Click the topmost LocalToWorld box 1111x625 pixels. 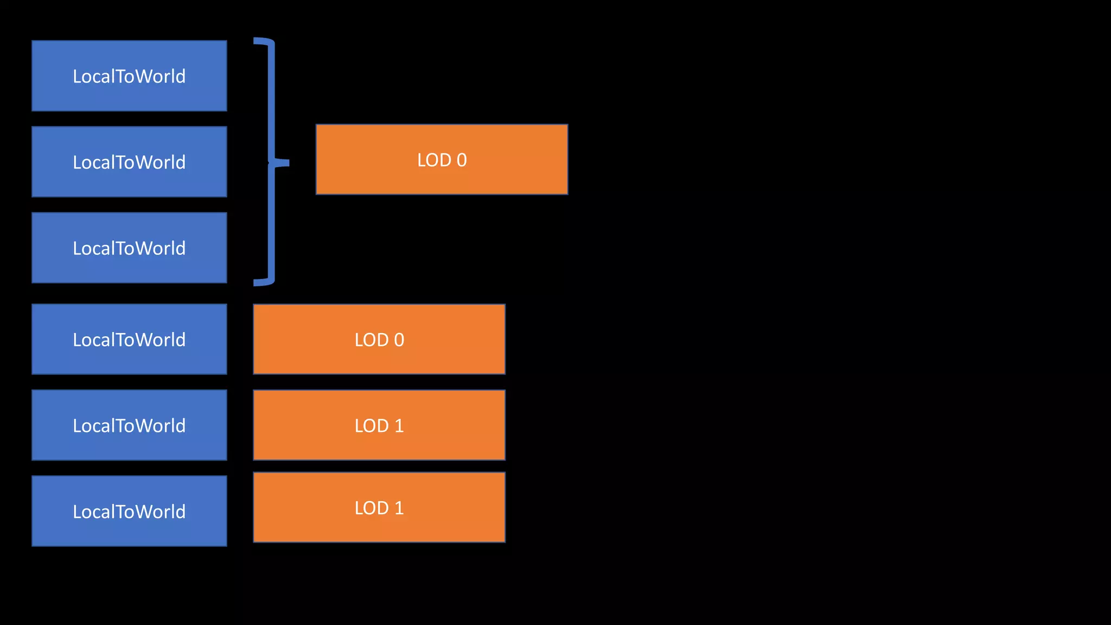point(129,75)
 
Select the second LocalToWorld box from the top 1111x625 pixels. point(129,162)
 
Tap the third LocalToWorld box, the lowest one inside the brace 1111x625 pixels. point(129,247)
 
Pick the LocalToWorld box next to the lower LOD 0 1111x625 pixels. point(129,339)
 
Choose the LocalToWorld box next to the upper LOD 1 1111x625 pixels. point(129,425)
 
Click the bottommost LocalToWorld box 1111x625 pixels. point(129,511)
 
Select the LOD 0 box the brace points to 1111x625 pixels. point(442,160)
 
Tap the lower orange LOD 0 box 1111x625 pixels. point(379,339)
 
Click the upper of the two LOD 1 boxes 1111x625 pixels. point(379,425)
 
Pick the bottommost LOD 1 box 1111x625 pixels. point(379,507)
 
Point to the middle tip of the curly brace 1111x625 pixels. point(285,162)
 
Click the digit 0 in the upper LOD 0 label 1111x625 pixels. point(462,160)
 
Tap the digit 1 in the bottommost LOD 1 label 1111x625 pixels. point(399,508)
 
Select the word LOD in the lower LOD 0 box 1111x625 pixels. point(372,340)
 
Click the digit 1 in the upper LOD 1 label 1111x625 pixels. point(399,426)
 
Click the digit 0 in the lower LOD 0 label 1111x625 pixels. point(399,340)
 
